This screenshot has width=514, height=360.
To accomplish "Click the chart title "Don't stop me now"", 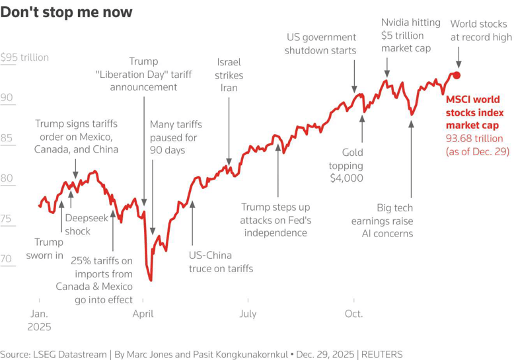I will tap(66, 13).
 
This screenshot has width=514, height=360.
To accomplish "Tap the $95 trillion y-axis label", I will tap(25, 57).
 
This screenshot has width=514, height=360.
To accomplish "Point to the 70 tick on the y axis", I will tap(7, 259).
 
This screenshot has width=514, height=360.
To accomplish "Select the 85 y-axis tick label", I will tap(7, 138).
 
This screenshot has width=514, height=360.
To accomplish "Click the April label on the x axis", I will tap(143, 314).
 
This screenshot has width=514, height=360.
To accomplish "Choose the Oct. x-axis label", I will tap(353, 314).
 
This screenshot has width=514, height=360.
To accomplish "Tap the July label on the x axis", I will tap(248, 314).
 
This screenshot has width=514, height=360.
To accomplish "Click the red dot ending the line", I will tap(456, 75).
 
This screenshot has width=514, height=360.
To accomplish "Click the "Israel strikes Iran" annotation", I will tap(229, 75).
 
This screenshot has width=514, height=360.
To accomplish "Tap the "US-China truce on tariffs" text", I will tap(221, 262).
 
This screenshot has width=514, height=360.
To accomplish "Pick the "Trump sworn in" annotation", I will tap(44, 248).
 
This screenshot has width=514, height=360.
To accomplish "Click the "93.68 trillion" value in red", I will tap(474, 138).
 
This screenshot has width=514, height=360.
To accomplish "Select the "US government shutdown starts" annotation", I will tap(320, 44).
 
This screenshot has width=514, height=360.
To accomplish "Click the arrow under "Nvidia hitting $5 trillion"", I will tap(388, 67).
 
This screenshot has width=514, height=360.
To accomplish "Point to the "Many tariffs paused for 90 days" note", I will tap(176, 137).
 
